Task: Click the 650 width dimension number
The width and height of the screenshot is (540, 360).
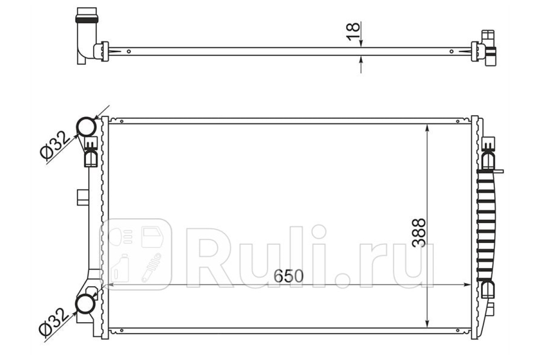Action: point(288,276)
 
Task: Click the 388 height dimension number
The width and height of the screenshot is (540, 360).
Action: point(419,233)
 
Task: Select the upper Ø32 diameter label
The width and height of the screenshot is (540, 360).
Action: point(54,145)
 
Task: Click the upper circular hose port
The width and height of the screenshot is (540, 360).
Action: point(86,126)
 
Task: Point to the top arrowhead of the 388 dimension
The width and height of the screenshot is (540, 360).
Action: point(427,128)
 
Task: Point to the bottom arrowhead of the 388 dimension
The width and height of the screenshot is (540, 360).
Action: point(427,324)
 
